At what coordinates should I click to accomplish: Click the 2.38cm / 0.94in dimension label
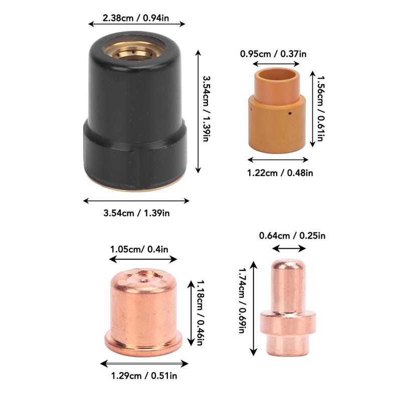point(135,18)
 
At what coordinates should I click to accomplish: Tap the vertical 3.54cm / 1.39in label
point(206,108)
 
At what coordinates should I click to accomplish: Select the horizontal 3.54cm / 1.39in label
point(136,213)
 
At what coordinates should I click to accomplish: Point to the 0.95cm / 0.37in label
point(273,54)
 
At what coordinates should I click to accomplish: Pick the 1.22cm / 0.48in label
point(280,173)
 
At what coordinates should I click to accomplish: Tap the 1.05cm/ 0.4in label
point(139,249)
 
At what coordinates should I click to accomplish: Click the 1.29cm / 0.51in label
point(144,375)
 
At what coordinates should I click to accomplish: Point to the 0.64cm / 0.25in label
point(292,236)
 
